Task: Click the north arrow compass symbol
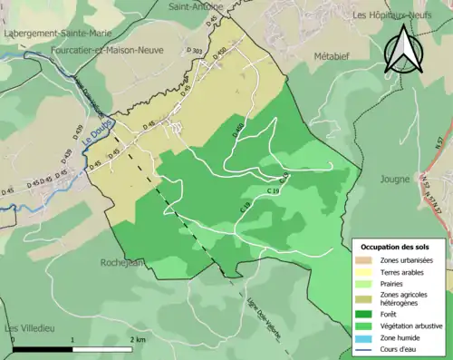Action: (x=404, y=49)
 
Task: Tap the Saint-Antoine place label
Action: (x=196, y=6)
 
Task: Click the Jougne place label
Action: (x=397, y=179)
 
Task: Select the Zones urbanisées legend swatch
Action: (x=365, y=260)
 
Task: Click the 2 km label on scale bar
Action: (x=138, y=338)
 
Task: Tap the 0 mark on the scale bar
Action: (x=13, y=338)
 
